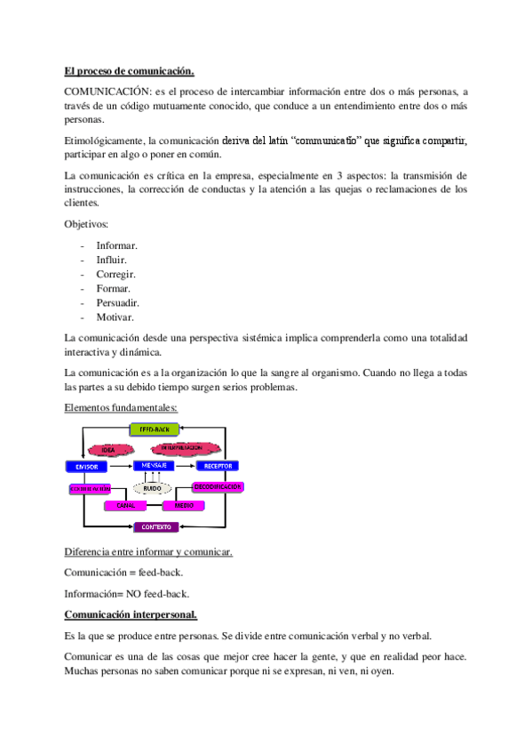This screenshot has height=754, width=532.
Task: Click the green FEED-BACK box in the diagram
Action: [154, 429]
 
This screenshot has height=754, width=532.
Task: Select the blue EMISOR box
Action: [87, 466]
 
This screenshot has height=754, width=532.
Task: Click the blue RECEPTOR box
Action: [218, 466]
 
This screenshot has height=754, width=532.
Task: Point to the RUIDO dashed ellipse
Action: [152, 488]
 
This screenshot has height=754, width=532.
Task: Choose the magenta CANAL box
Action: [125, 505]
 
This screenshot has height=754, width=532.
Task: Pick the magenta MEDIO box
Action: [184, 505]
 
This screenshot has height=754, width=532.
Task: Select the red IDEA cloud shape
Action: [109, 450]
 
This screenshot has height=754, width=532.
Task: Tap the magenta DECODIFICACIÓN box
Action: [218, 487]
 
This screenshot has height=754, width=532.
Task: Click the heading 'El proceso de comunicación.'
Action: [130, 71]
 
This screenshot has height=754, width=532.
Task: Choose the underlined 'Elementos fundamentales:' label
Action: [121, 407]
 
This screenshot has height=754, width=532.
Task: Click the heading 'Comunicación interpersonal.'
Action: [131, 614]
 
